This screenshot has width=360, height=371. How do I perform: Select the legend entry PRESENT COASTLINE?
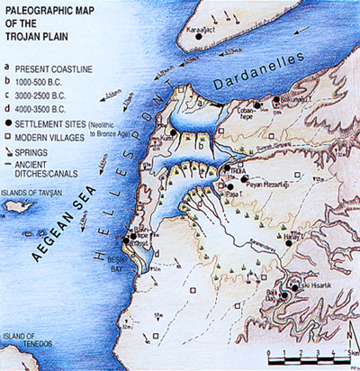click(50, 67)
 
